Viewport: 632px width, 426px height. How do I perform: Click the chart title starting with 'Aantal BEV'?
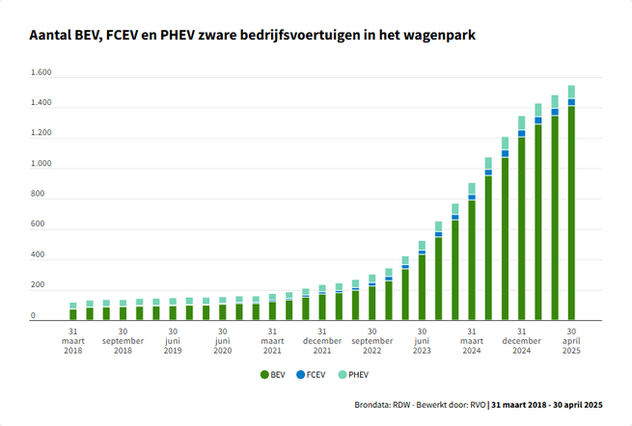coord(252,36)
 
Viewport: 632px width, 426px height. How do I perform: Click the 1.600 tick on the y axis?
coord(41,73)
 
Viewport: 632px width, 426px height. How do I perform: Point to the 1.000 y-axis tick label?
coord(41,165)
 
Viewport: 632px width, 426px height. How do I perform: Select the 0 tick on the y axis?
coord(33,316)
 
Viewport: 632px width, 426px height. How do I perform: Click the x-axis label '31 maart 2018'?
coord(73,340)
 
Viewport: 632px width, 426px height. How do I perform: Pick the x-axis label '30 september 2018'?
coord(124,340)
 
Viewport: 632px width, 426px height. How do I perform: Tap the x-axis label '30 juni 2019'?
coord(173,340)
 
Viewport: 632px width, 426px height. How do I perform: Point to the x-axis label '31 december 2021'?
coord(321,340)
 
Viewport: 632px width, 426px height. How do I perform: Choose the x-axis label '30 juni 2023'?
coord(422,340)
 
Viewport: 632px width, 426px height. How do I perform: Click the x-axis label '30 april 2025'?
coord(571,340)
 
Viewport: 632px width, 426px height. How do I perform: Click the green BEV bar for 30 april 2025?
coord(571,212)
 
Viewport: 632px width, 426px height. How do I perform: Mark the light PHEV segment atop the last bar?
coord(571,92)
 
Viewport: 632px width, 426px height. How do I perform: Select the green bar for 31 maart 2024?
coord(472,260)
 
